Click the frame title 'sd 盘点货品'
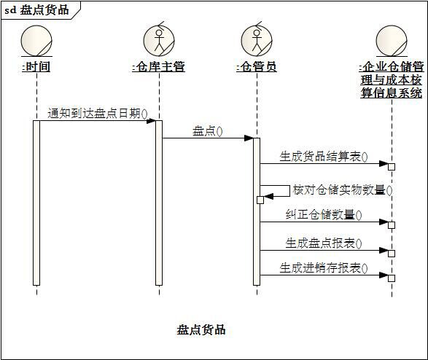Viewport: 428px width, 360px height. (x=36, y=10)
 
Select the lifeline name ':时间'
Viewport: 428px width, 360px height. (x=36, y=66)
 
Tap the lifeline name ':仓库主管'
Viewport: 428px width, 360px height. (x=159, y=66)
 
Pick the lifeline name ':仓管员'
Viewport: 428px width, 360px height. (x=257, y=66)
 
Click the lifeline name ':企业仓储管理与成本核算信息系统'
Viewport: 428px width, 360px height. (x=392, y=79)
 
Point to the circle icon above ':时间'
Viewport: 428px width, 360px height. (x=36, y=41)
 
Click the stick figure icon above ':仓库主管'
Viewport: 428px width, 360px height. (x=159, y=40)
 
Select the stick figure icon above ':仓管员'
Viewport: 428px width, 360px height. (x=257, y=40)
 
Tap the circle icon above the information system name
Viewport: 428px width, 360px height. (x=392, y=41)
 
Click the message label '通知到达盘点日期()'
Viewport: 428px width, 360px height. (x=98, y=114)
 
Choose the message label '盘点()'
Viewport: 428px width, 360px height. (x=208, y=131)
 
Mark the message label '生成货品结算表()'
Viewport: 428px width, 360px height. (x=324, y=157)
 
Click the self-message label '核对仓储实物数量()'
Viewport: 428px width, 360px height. (x=343, y=190)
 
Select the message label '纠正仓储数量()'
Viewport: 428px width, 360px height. (x=324, y=215)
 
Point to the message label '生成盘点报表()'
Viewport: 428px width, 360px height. (x=324, y=243)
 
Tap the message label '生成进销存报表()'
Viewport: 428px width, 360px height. (x=324, y=268)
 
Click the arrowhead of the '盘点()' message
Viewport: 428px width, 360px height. (x=249, y=138)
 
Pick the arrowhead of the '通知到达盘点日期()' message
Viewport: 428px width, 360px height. (x=151, y=120)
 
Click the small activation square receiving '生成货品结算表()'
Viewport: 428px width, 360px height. (x=392, y=167)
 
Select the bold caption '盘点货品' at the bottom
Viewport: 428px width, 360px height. (x=201, y=329)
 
